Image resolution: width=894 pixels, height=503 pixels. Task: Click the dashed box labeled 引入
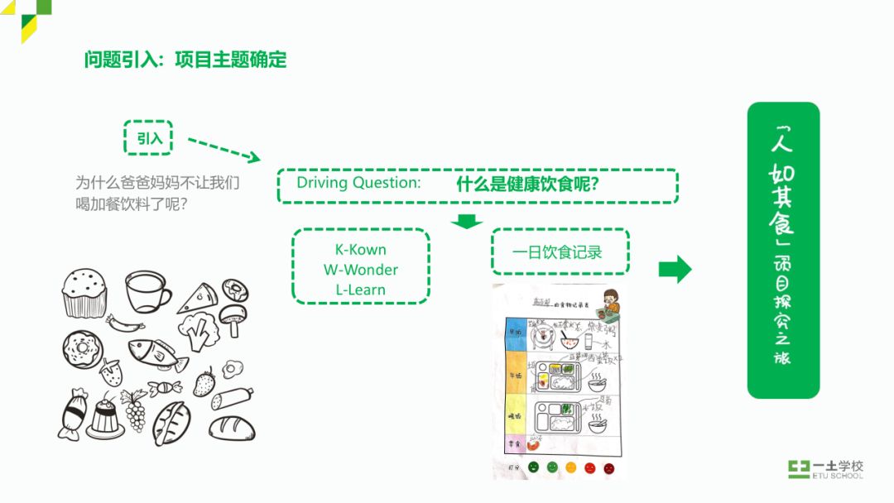[x=148, y=137]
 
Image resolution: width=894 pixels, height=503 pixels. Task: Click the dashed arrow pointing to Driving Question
[x=223, y=150]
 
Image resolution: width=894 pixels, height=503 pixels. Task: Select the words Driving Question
[x=358, y=183]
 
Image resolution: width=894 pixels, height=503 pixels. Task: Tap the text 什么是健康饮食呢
[x=528, y=184]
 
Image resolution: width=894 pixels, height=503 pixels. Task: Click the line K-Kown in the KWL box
[x=360, y=249]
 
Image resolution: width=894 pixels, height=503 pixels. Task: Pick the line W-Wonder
[x=360, y=270]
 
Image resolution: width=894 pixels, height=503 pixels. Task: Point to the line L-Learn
[x=360, y=290]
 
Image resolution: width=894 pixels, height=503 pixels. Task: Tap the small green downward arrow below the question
[x=469, y=220]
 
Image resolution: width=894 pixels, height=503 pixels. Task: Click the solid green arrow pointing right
[x=675, y=269]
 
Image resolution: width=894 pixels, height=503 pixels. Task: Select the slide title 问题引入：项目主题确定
[x=185, y=60]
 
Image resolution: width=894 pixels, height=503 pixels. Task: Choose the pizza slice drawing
[x=198, y=297]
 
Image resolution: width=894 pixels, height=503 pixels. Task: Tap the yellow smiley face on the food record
[x=570, y=467]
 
